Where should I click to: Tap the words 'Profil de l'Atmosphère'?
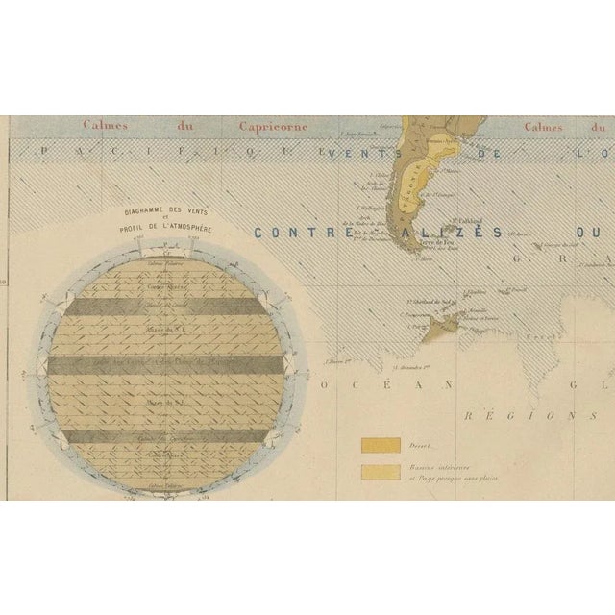coord(167,227)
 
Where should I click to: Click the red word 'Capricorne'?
coord(240,125)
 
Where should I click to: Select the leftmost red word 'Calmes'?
coord(106,125)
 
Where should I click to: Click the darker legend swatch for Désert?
coord(381,445)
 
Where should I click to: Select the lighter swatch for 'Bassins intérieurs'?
coord(381,471)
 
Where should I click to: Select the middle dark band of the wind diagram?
coord(167,365)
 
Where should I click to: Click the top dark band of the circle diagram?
coord(167,307)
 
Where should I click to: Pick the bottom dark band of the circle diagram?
coord(167,435)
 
